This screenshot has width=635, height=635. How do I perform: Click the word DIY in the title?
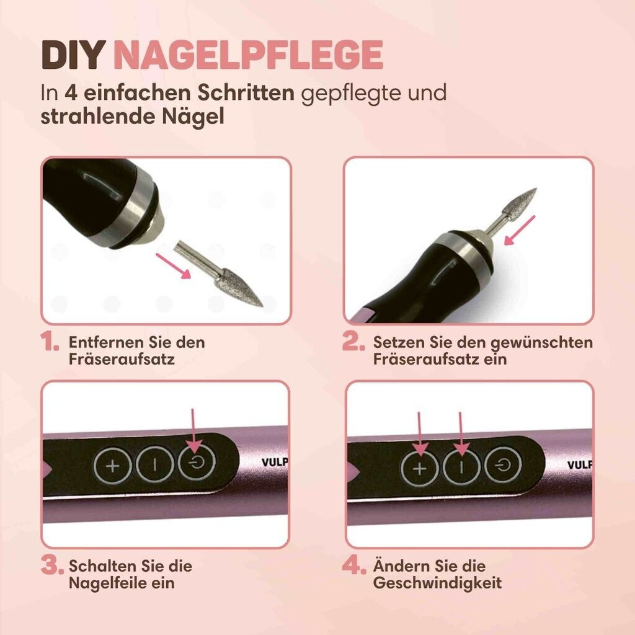click(73, 55)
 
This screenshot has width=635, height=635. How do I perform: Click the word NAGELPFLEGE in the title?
click(248, 55)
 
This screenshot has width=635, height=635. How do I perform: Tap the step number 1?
click(50, 342)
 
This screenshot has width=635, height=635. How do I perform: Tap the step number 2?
click(353, 342)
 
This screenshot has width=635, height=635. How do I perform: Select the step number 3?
click(52, 566)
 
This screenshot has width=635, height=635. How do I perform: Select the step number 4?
click(354, 566)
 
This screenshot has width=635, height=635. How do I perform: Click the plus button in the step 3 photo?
click(113, 466)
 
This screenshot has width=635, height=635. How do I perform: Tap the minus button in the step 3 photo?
click(155, 464)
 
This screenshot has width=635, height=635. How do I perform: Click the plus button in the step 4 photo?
click(420, 469)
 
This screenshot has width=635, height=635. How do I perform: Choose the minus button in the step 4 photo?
click(461, 467)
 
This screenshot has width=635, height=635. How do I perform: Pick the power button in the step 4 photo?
click(503, 465)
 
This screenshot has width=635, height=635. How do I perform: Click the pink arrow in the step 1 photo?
click(173, 266)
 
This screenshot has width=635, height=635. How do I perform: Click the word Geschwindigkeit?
click(437, 583)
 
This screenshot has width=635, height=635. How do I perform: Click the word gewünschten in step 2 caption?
click(542, 343)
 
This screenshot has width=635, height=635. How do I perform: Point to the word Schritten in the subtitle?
click(246, 93)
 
